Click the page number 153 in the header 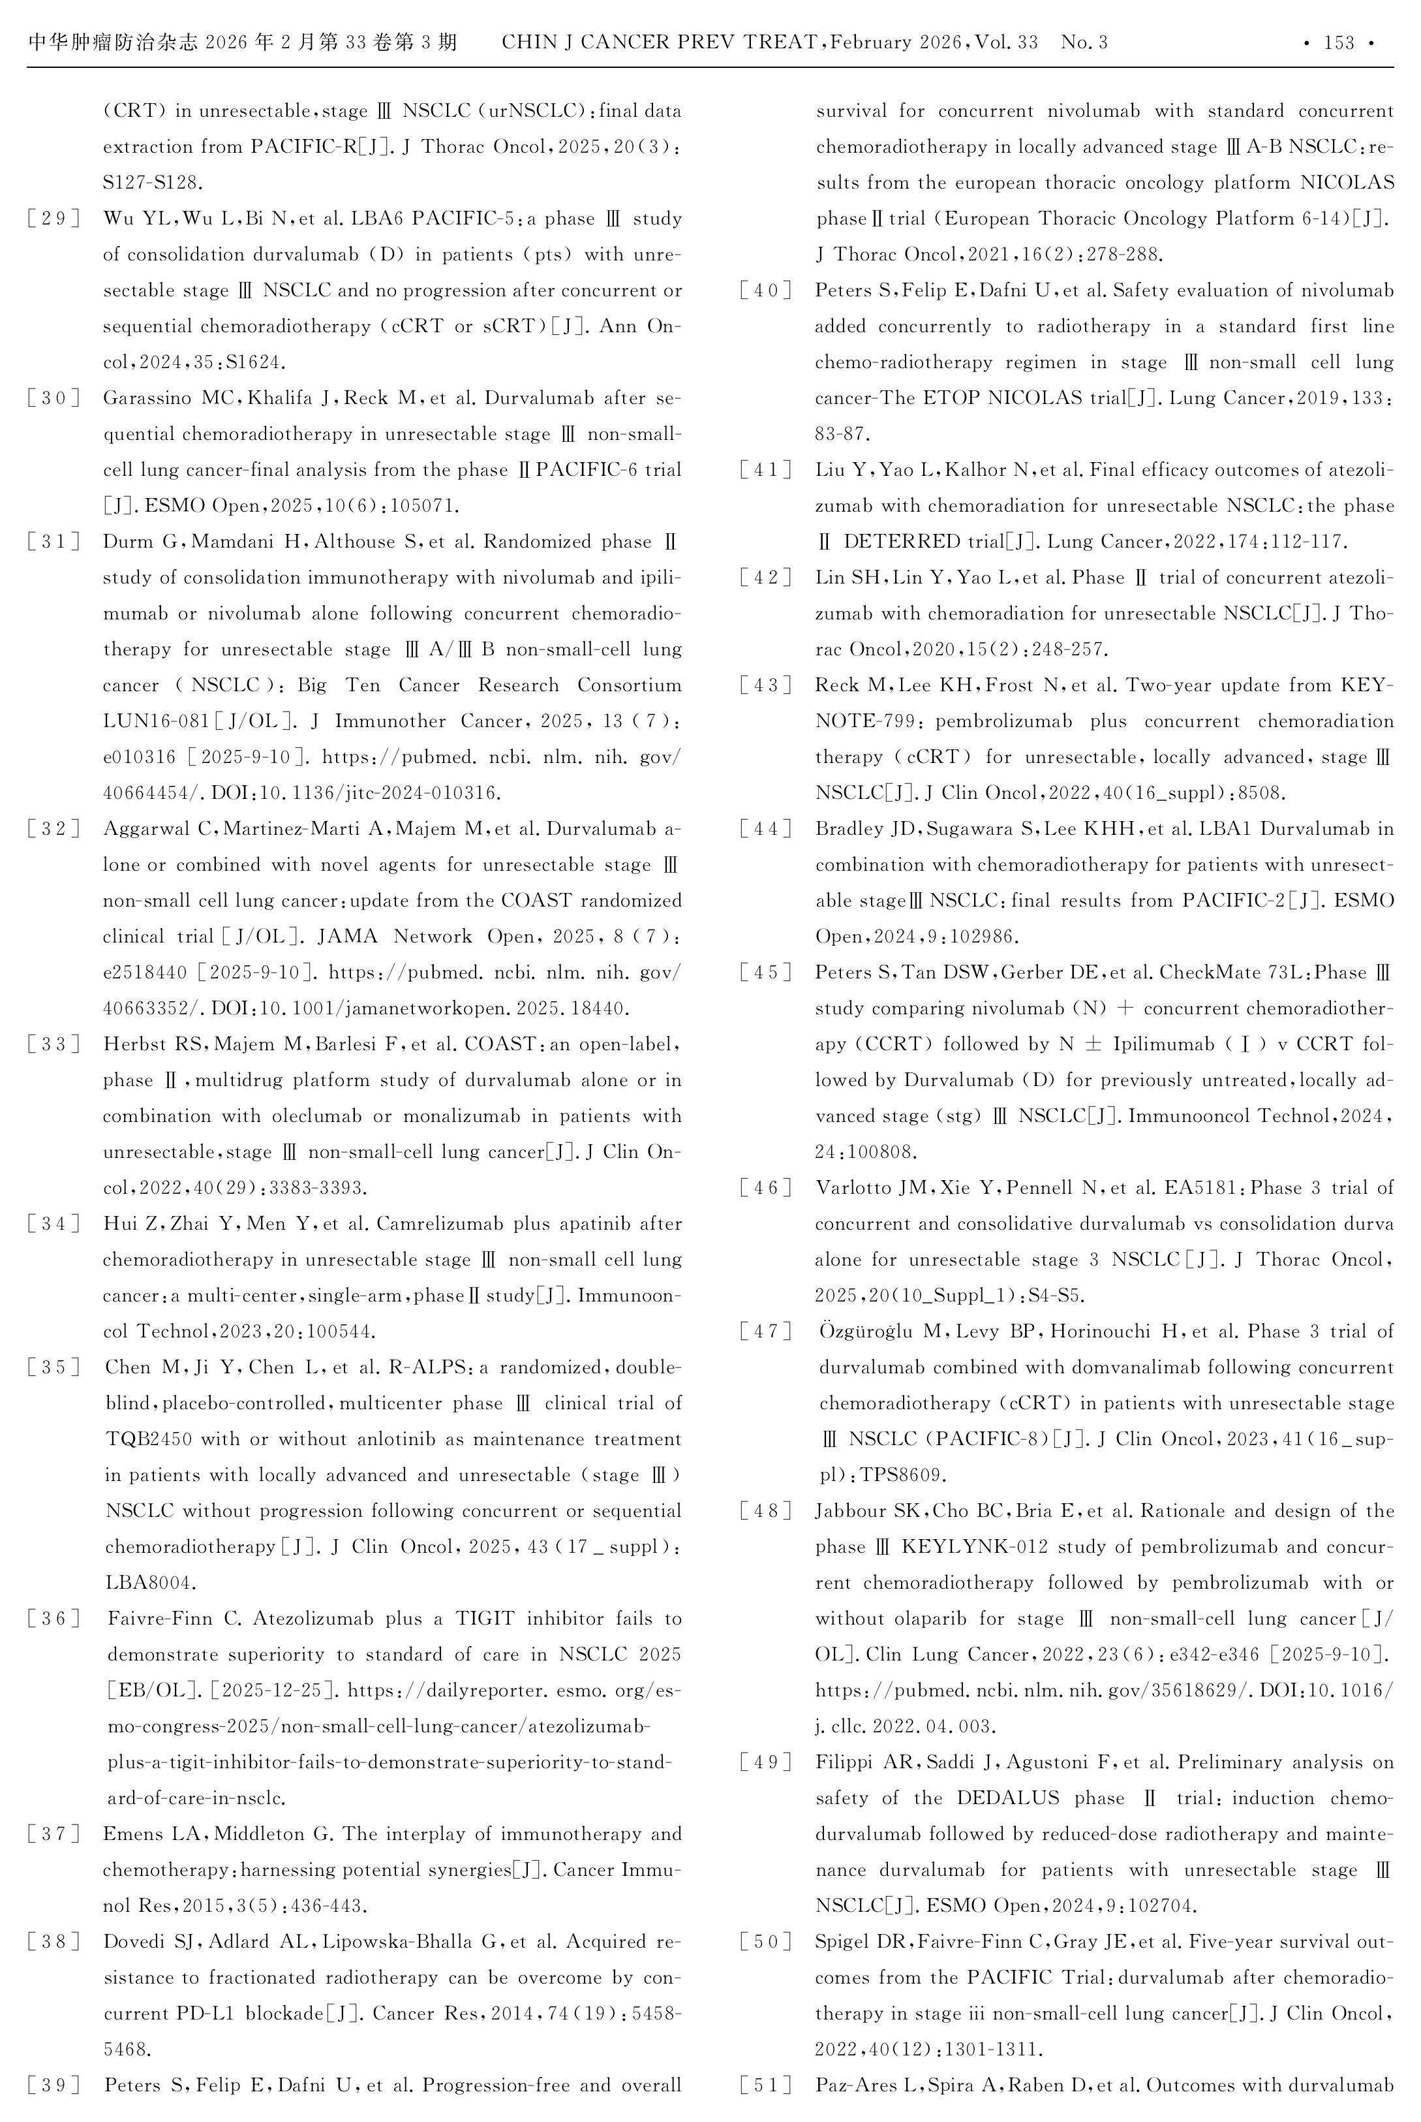pos(1339,42)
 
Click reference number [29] pos(53,219)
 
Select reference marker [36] pos(53,1619)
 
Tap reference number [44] pos(766,828)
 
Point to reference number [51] pos(766,2085)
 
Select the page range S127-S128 pos(151,182)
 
